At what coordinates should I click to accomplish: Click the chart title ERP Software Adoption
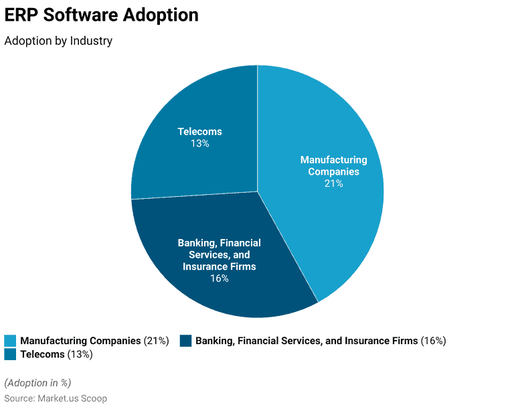tap(102, 15)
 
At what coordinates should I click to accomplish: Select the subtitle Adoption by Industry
tap(58, 41)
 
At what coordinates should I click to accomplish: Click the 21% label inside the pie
tap(333, 183)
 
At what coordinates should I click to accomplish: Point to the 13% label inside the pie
tap(199, 143)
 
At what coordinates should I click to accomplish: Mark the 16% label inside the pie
tap(219, 278)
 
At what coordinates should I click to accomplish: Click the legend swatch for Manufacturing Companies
tap(10, 341)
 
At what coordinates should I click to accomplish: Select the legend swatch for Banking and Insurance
tap(185, 341)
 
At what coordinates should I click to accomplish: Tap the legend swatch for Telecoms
tap(10, 354)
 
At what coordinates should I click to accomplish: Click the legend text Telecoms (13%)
tap(56, 354)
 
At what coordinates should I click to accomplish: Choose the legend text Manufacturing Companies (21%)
tap(94, 341)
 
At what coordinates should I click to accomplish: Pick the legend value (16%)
tap(433, 341)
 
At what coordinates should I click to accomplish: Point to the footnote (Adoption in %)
tap(37, 383)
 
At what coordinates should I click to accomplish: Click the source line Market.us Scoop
tap(56, 398)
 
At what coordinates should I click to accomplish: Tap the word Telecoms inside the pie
tap(199, 132)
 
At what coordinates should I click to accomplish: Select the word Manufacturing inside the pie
tap(333, 160)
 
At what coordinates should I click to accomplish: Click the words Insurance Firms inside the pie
tap(219, 266)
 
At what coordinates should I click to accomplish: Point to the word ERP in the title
tap(21, 15)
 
